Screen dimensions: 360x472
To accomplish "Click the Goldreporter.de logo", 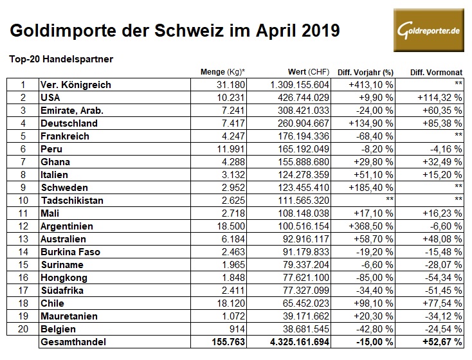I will pyautogui.click(x=429, y=30).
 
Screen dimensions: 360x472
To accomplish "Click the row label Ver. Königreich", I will pyautogui.click(x=75, y=85).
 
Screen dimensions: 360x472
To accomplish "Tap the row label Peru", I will pyautogui.click(x=51, y=149).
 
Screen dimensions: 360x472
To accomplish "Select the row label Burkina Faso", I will pyautogui.click(x=69, y=252).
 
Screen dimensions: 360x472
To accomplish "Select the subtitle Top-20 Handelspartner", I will pyautogui.click(x=61, y=59).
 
